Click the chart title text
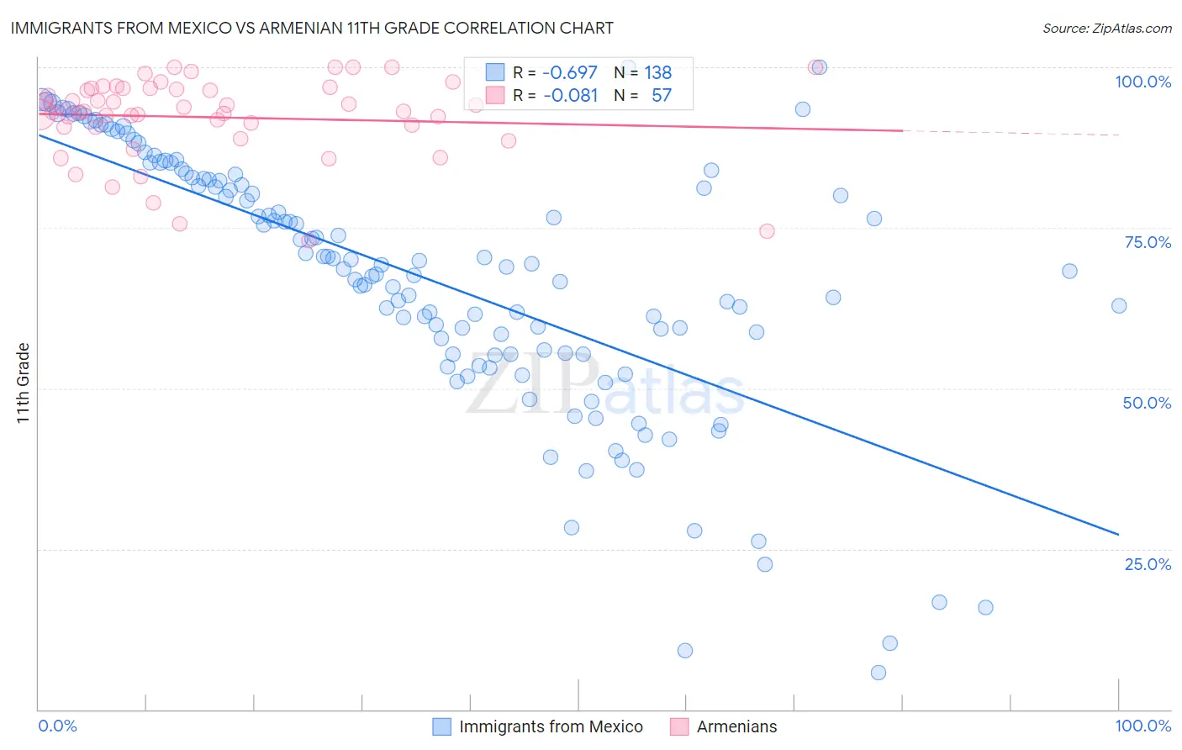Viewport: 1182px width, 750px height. point(311,28)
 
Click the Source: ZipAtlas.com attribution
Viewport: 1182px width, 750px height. point(1106,28)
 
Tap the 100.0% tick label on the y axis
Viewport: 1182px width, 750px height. point(1142,82)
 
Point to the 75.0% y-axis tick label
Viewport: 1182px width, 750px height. point(1148,242)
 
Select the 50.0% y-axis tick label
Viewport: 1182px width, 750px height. point(1147,403)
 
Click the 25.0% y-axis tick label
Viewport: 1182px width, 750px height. point(1148,564)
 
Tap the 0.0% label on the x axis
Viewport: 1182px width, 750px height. point(58,726)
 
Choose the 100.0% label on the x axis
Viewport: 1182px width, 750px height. point(1142,726)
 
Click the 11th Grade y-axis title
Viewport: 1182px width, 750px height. point(24,383)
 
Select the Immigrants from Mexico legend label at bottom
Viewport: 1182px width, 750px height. point(551,726)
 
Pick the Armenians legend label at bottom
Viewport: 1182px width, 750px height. point(736,726)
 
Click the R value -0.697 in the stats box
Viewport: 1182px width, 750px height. point(570,72)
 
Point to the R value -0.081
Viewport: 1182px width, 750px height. point(570,95)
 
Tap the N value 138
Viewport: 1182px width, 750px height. point(657,72)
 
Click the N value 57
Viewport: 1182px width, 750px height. point(662,95)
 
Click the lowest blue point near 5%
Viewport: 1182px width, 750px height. point(879,673)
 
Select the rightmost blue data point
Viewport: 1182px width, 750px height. point(1119,306)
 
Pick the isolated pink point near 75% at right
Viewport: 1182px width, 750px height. point(767,231)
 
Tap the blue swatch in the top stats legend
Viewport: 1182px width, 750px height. point(495,72)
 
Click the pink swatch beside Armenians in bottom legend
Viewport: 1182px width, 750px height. point(679,726)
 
